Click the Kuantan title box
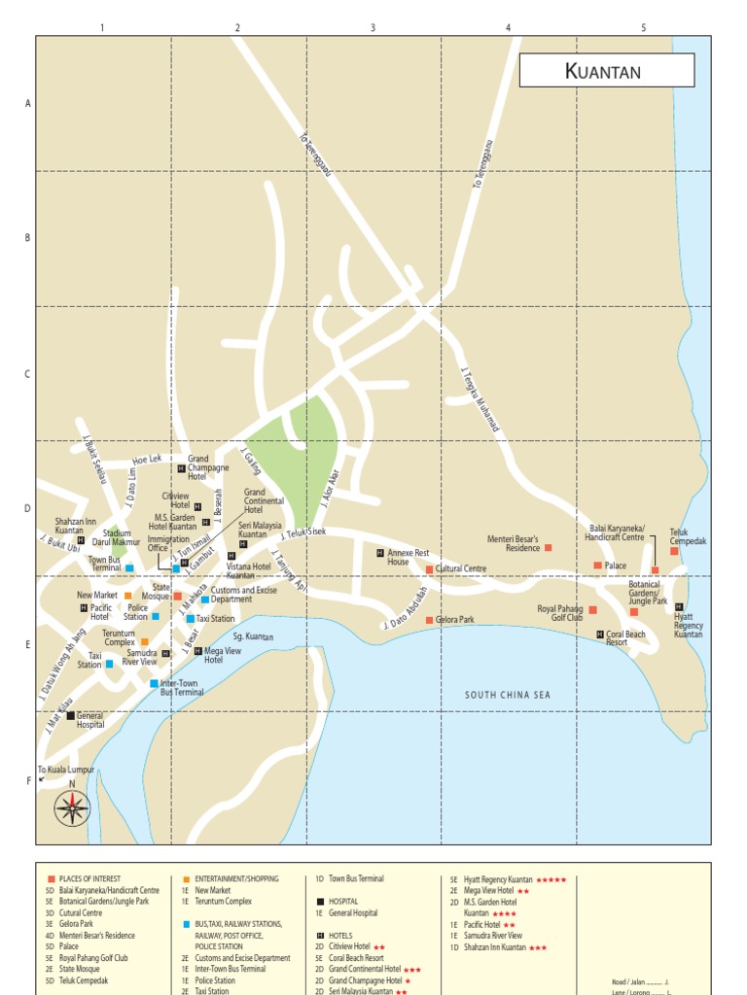click(606, 71)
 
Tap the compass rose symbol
click(72, 807)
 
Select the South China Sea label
click(507, 695)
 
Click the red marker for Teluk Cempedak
click(674, 551)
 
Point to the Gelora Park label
click(454, 619)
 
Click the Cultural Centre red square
click(429, 569)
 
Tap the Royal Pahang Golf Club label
click(560, 612)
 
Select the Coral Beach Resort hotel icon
click(600, 634)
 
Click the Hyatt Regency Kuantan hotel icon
click(679, 607)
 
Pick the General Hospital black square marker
click(70, 715)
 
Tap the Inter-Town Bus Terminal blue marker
click(154, 683)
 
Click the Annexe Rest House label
click(408, 557)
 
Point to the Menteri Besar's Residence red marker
click(548, 548)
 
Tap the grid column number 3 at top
click(373, 28)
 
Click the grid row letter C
click(28, 374)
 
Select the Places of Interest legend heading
click(89, 878)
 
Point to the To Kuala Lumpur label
click(66, 770)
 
